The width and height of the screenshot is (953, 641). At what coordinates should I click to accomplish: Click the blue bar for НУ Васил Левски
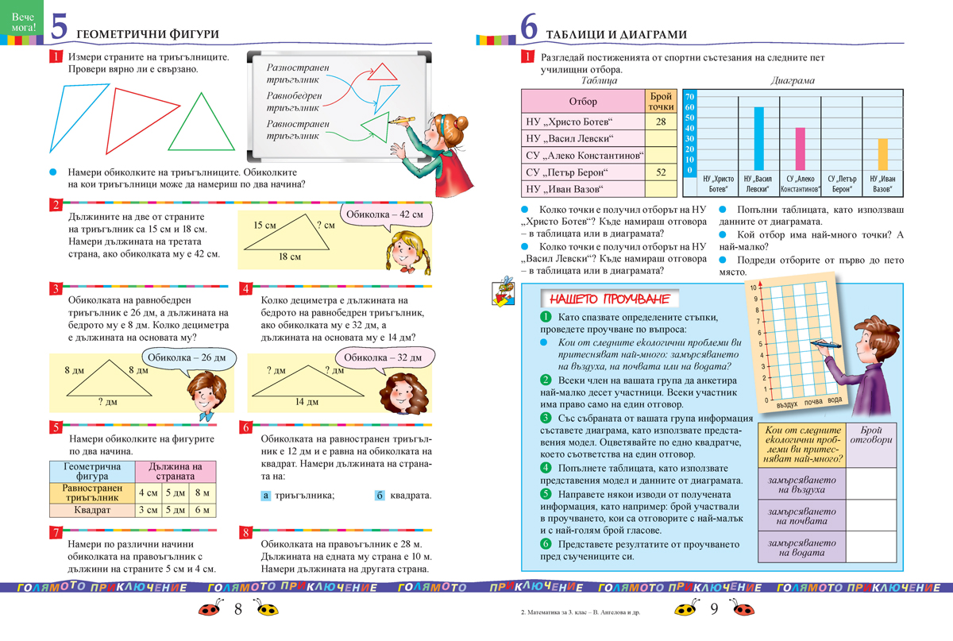pyautogui.click(x=758, y=140)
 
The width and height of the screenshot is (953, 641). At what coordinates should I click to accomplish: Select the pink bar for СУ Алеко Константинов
pyautogui.click(x=800, y=150)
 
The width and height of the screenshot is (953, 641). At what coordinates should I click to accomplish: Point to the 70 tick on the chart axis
pyautogui.click(x=690, y=96)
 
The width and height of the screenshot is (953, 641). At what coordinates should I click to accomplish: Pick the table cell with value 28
pyautogui.click(x=661, y=122)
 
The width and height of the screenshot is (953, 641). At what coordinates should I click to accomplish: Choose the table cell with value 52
pyautogui.click(x=661, y=172)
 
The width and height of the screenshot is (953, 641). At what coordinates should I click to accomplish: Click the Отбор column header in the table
pyautogui.click(x=583, y=101)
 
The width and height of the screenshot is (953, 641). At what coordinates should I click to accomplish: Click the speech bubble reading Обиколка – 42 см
pyautogui.click(x=384, y=214)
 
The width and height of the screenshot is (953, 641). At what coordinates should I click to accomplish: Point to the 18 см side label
pyautogui.click(x=290, y=257)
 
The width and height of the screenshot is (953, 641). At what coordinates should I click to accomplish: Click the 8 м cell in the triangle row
pyautogui.click(x=202, y=492)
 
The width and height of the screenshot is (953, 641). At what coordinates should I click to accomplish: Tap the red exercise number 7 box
pyautogui.click(x=56, y=532)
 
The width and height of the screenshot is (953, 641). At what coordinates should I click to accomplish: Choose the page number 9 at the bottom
pyautogui.click(x=713, y=610)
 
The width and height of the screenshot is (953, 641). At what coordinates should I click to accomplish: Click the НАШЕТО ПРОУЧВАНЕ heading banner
pyautogui.click(x=610, y=299)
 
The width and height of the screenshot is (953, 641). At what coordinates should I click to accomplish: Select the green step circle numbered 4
pyautogui.click(x=545, y=468)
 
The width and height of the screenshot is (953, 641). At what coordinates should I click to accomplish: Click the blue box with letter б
pyautogui.click(x=380, y=496)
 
